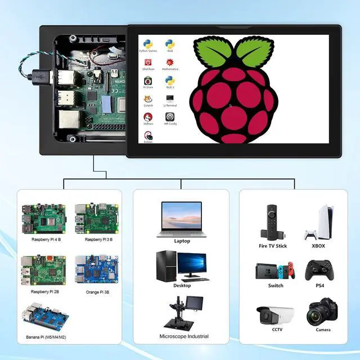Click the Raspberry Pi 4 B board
pyautogui.click(x=43, y=219)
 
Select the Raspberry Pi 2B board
pyautogui.click(x=43, y=269)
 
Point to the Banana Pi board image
pyautogui.click(x=43, y=318)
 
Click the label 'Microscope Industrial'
pyautogui.click(x=184, y=336)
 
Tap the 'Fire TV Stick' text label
pyautogui.click(x=273, y=246)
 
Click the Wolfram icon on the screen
pyautogui.click(x=148, y=118)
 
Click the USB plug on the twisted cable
pyautogui.click(x=45, y=74)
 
